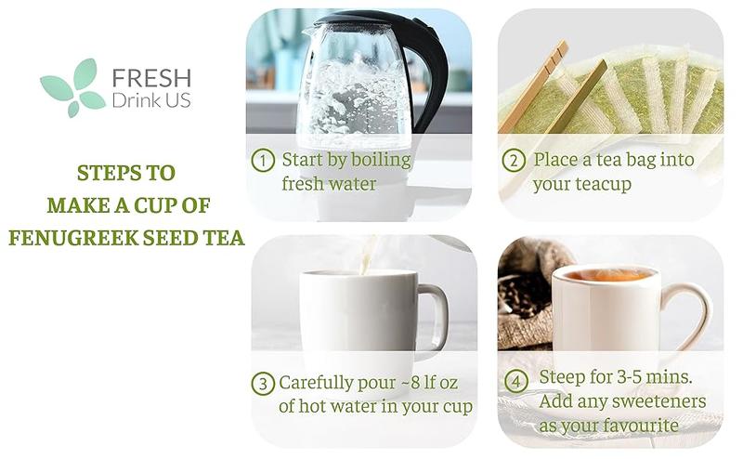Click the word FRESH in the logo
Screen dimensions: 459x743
[150, 77]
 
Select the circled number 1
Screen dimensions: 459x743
[263, 161]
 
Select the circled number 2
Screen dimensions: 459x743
[514, 161]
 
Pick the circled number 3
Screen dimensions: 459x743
[263, 384]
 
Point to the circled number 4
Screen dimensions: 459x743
[516, 381]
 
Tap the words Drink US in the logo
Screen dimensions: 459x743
[151, 99]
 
